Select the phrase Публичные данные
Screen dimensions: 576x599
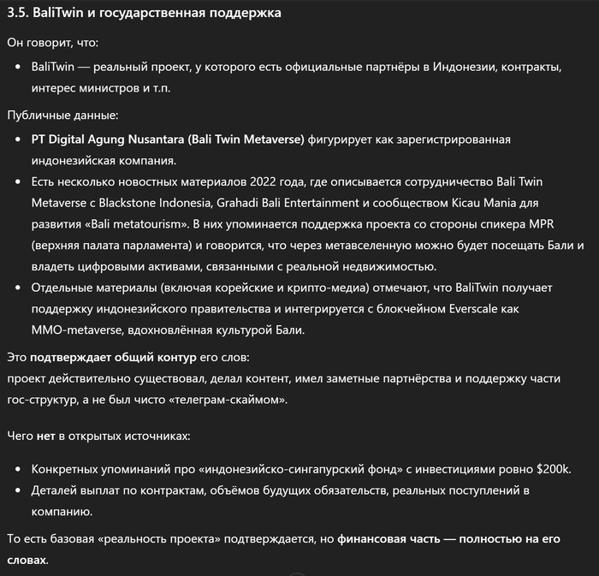click(63, 115)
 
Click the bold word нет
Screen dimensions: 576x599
click(46, 436)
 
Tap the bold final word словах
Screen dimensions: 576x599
click(27, 560)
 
